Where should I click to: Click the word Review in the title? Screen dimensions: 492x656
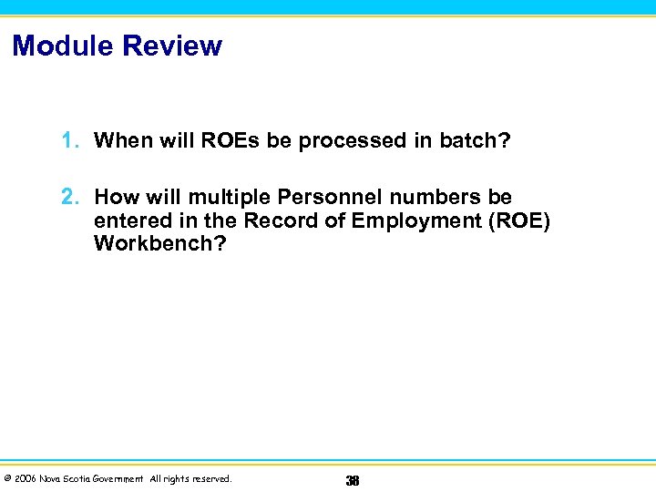[x=177, y=46]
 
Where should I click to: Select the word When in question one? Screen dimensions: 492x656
[x=122, y=140]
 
